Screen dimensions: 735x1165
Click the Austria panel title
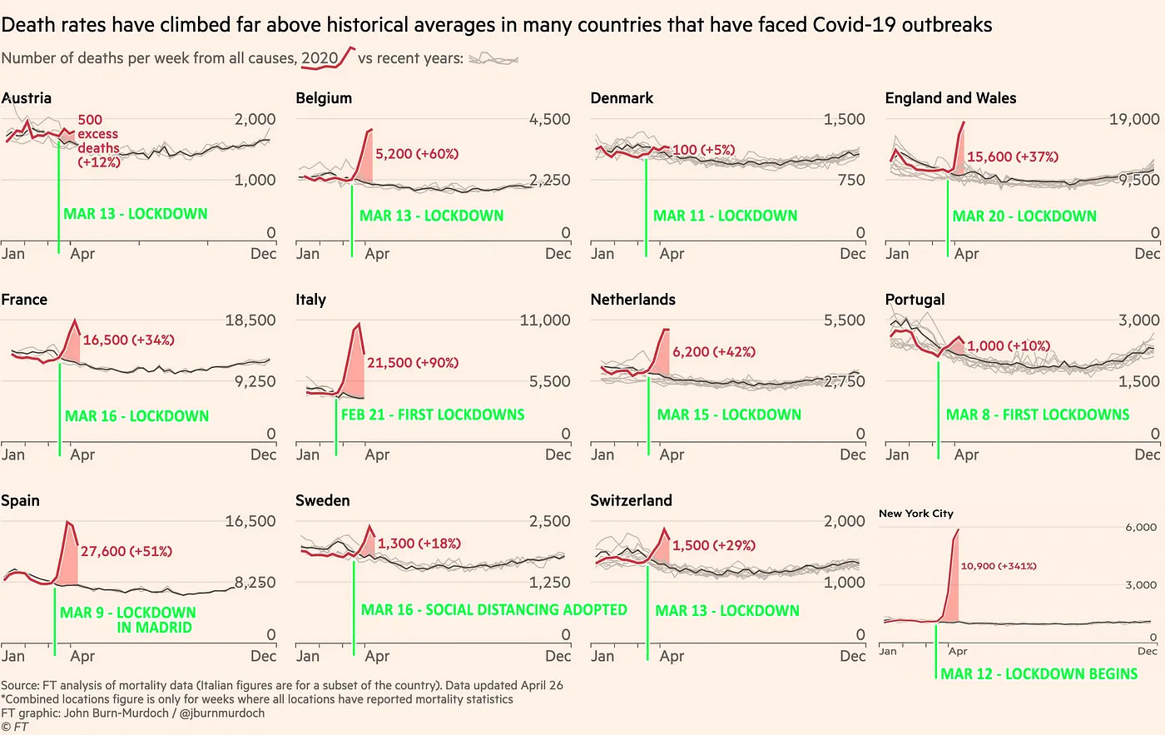[27, 98]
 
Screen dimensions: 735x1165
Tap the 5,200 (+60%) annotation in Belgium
[416, 154]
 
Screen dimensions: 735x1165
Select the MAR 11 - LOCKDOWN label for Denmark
[725, 216]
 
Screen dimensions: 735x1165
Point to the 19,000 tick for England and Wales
[1133, 119]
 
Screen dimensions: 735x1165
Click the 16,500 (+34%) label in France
[128, 340]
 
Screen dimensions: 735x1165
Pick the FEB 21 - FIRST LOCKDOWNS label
[433, 415]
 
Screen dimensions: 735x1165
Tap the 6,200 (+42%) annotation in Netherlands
[713, 352]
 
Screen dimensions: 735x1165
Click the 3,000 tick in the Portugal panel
[1138, 320]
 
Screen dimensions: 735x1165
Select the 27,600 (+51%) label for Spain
[126, 551]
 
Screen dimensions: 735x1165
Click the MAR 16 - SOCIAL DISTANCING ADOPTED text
[493, 610]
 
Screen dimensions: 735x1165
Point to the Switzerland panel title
[631, 500]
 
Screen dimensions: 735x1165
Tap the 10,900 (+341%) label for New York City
[998, 566]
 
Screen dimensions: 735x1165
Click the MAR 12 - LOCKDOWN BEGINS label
[1039, 673]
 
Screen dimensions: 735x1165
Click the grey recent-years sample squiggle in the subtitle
[493, 59]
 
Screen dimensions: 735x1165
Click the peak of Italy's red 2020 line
[359, 324]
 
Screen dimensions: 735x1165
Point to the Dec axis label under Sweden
[558, 656]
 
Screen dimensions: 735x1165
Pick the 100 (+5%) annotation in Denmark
[703, 150]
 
